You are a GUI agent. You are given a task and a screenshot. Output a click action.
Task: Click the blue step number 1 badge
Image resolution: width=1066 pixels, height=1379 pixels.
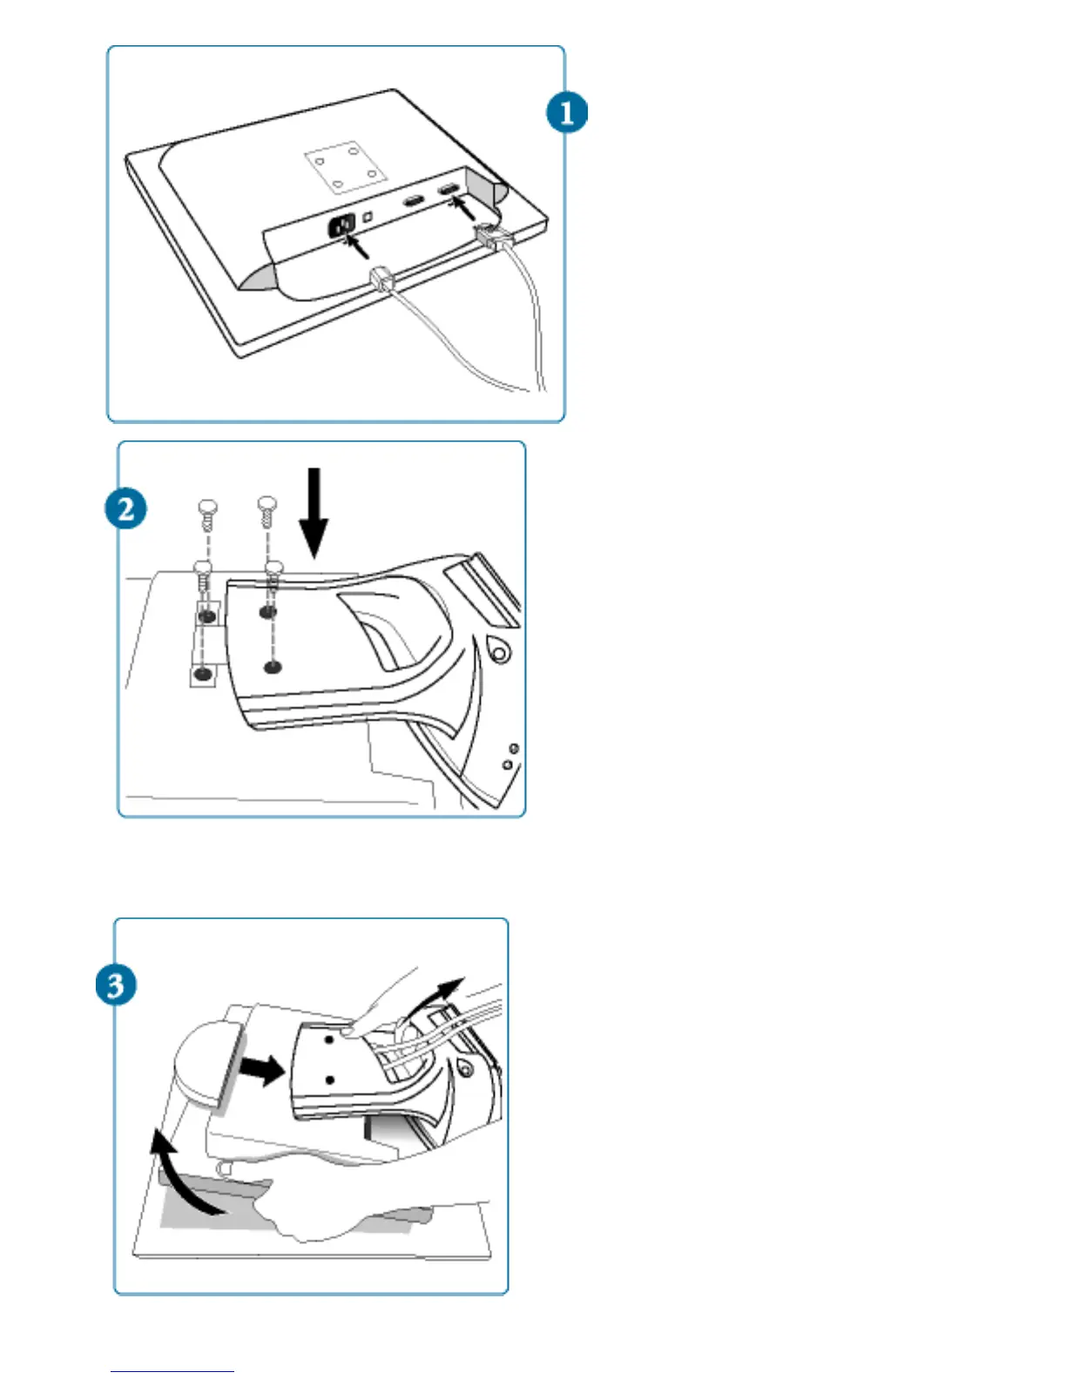[566, 113]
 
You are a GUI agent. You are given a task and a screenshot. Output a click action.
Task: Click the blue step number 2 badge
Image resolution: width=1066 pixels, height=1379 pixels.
[125, 508]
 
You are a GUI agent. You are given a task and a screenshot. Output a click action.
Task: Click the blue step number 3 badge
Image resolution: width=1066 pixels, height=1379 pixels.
[116, 985]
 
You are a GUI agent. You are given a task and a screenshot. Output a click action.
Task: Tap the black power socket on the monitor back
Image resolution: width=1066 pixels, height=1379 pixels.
[341, 226]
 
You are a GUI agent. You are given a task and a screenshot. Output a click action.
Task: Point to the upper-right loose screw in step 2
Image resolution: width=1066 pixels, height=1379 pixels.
[267, 510]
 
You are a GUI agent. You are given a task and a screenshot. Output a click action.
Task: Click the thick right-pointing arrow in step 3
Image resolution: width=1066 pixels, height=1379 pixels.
[263, 1070]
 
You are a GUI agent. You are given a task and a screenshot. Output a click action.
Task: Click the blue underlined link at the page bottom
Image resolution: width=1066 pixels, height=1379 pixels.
[172, 1371]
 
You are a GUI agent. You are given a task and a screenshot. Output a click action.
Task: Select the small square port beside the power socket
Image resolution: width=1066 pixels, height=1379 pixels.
[368, 215]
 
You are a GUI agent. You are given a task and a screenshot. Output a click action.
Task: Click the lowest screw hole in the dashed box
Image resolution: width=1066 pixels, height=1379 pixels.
[203, 673]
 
